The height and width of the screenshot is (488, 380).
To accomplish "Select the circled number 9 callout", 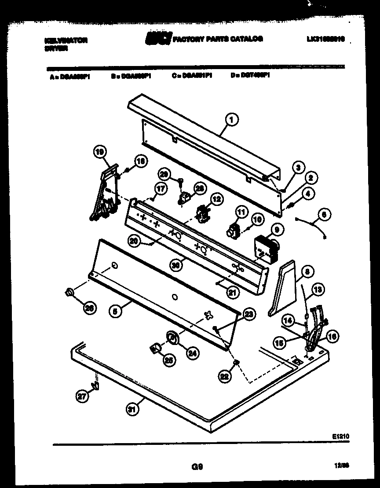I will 277,229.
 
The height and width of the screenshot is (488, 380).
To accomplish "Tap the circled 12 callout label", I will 216,199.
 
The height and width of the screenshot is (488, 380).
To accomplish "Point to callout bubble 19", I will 99,152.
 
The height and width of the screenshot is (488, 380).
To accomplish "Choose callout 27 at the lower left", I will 81,396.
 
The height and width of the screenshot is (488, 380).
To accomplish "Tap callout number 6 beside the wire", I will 323,215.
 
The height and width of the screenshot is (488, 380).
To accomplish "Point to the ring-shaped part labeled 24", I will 172,338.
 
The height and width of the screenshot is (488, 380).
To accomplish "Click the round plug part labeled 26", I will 69,292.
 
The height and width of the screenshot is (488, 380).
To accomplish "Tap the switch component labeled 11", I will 232,230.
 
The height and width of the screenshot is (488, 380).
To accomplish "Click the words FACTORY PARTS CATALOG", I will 218,39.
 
